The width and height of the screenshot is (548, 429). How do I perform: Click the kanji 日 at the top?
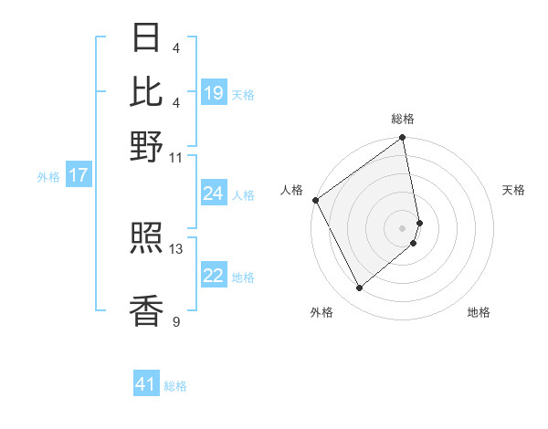click(147, 37)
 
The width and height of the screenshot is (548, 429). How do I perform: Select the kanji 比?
click(147, 91)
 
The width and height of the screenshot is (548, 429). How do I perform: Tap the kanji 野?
click(147, 146)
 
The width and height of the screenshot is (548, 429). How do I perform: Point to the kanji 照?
click(147, 240)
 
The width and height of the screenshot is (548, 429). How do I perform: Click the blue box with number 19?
click(214, 93)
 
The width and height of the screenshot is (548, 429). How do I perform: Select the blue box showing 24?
click(214, 194)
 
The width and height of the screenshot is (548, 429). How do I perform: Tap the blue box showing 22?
click(214, 277)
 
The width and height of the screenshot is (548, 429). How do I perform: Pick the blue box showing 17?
click(78, 176)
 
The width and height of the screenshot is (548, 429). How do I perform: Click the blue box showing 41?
click(146, 384)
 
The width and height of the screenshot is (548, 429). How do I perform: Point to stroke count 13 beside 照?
click(176, 248)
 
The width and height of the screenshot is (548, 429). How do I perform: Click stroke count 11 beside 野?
click(176, 157)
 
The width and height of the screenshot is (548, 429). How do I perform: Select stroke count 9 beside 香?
click(176, 321)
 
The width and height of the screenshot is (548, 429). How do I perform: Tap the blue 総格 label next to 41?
click(175, 386)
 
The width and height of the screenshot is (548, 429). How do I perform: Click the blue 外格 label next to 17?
click(48, 177)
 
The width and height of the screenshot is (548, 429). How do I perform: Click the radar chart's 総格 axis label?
click(402, 119)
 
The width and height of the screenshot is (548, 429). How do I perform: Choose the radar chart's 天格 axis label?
click(513, 190)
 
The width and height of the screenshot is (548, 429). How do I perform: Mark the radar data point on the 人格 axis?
click(315, 200)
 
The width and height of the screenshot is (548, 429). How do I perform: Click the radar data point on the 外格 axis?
click(360, 288)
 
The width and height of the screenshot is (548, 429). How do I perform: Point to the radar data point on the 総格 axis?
click(403, 139)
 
